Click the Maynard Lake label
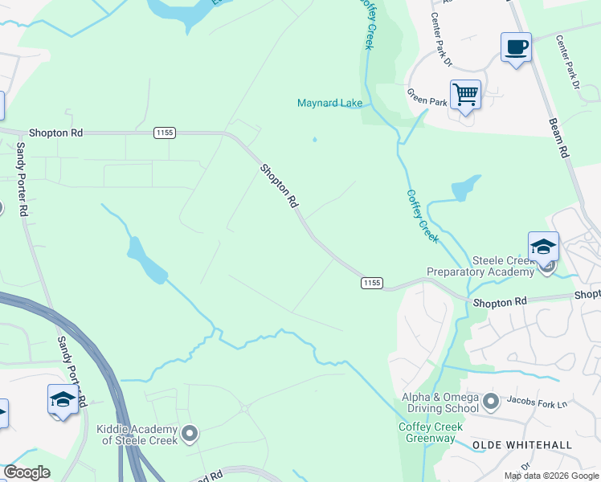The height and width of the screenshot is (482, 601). pos(329,103)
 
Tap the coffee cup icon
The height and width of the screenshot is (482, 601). pos(515,47)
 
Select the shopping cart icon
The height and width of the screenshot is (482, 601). pos(465,95)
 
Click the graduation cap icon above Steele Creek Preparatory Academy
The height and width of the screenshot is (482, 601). pos(543,247)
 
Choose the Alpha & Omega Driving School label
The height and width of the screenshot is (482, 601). pos(440,402)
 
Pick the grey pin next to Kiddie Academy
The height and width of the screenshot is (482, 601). pos(190,435)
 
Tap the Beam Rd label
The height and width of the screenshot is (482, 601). pos(559,137)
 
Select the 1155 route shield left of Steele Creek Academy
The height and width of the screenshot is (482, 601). pos(371,283)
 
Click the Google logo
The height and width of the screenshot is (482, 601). pos(27,472)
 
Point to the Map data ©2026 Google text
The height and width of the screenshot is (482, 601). pos(550,476)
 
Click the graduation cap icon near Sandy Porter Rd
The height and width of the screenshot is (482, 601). pos(63,399)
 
